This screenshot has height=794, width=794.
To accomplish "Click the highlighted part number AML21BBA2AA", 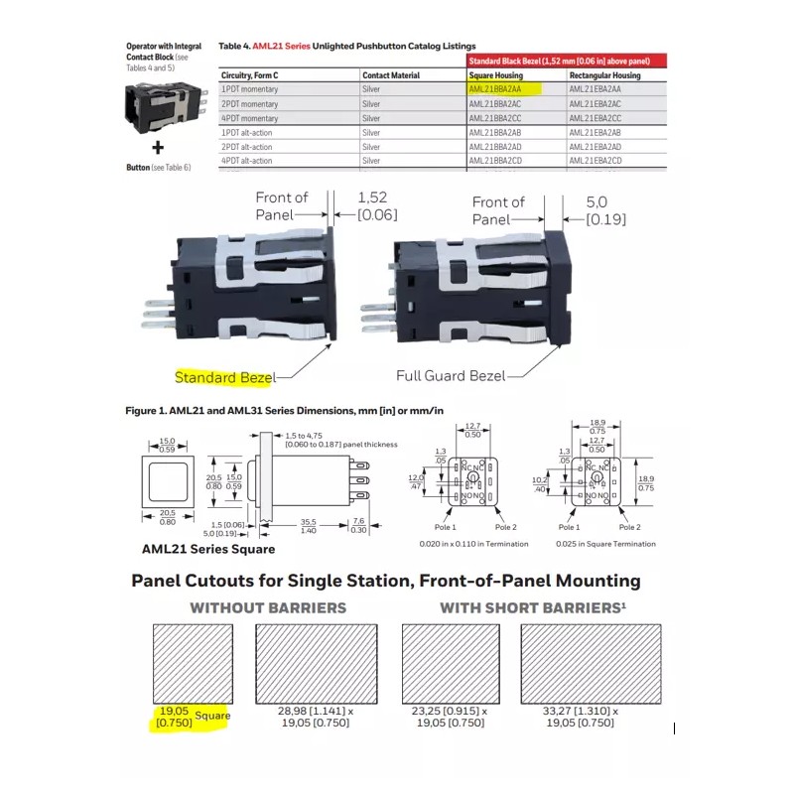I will pyautogui.click(x=503, y=89).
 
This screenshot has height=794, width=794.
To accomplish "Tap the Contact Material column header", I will pyautogui.click(x=391, y=75).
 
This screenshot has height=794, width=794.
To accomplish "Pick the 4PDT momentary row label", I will pyautogui.click(x=250, y=118).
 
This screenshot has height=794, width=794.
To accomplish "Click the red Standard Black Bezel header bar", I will pyautogui.click(x=566, y=61).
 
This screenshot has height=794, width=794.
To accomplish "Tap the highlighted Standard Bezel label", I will pyautogui.click(x=224, y=377).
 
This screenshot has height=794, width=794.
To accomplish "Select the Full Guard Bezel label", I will pyautogui.click(x=451, y=376).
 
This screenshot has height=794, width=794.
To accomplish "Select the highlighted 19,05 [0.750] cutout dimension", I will pyautogui.click(x=176, y=718).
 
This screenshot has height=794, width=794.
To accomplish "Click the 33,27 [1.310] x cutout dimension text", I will pyautogui.click(x=581, y=712).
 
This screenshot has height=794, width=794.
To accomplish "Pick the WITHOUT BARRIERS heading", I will pyautogui.click(x=269, y=607).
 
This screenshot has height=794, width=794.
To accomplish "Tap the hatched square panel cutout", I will pyautogui.click(x=193, y=662).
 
